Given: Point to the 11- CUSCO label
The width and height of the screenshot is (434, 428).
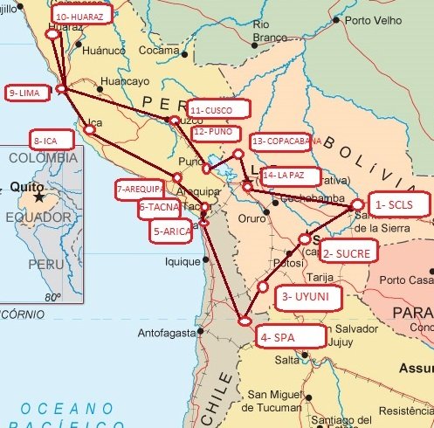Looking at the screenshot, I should pyautogui.click(x=218, y=109).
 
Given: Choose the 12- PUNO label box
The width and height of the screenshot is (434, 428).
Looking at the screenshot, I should pyautogui.click(x=216, y=131).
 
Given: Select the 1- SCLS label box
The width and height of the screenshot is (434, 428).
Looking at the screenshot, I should pyautogui.click(x=398, y=204).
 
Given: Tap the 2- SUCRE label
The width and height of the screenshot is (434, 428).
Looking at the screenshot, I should pyautogui.click(x=349, y=254).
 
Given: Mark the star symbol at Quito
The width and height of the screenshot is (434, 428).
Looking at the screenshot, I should pyautogui.click(x=38, y=198).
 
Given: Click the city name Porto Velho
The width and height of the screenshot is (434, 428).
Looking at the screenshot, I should pyautogui.click(x=374, y=19).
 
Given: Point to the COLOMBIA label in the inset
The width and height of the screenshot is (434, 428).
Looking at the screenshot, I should pyautogui.click(x=42, y=160).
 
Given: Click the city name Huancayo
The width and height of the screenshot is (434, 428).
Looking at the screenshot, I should pyautogui.click(x=127, y=81).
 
